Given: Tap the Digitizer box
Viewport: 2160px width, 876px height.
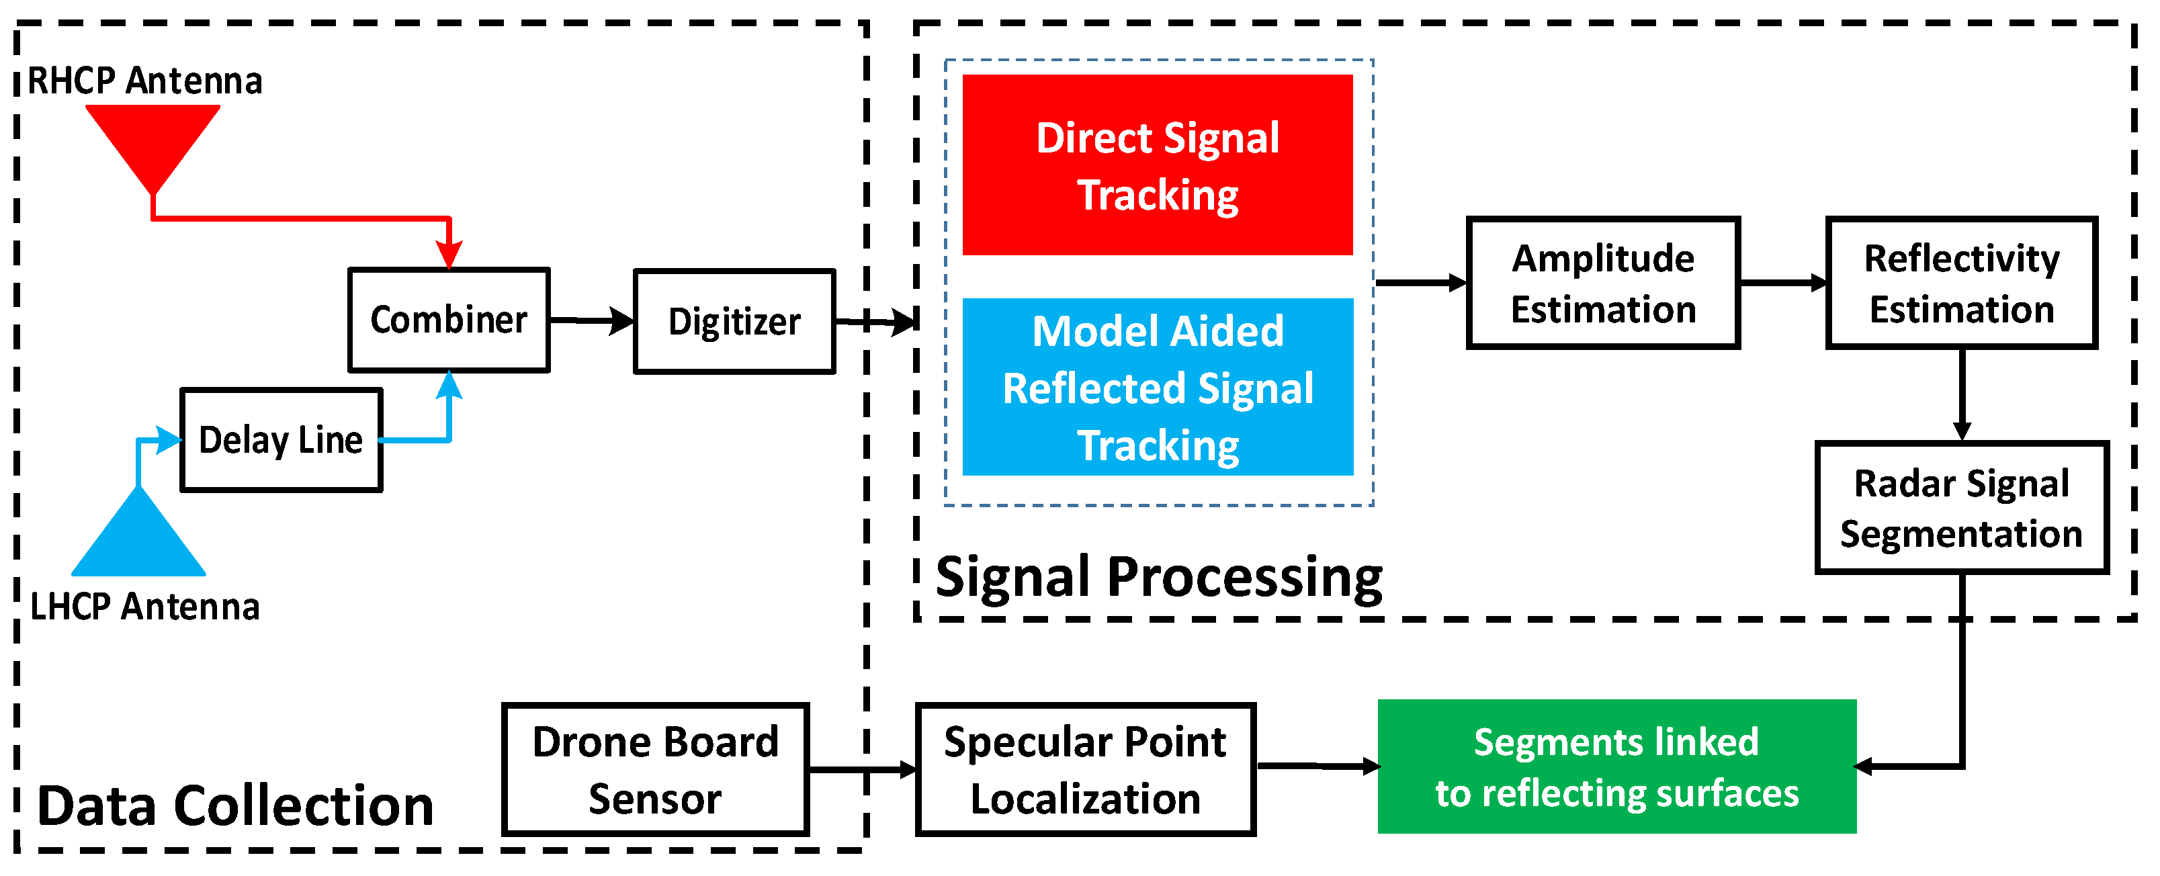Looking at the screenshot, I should click(x=734, y=322).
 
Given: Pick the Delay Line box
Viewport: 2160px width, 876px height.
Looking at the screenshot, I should click(x=281, y=440).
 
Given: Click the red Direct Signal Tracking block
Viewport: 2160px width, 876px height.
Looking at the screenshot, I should click(x=1157, y=165).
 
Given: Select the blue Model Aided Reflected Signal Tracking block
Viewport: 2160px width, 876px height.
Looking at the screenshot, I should click(x=1157, y=388).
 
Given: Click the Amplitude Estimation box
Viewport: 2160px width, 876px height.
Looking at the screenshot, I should click(x=1602, y=283).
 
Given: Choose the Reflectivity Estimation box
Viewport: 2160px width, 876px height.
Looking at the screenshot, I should click(x=1961, y=283).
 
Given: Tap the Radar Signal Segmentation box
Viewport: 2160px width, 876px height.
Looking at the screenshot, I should click(x=1960, y=508).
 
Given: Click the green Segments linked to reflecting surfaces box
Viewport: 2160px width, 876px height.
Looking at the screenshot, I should click(x=1616, y=766).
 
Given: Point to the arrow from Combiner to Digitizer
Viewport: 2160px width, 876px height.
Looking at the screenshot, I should click(x=592, y=320).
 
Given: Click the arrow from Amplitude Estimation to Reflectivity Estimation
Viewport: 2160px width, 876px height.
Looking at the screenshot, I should click(x=1782, y=283).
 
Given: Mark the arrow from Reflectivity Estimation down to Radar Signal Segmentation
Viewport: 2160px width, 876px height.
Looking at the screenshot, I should click(x=1962, y=394).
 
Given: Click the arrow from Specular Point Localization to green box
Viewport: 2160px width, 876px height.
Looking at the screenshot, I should click(x=1316, y=765).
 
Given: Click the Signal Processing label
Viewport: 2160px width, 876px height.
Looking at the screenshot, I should click(x=1159, y=577).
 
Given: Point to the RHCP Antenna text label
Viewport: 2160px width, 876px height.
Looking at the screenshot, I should click(x=145, y=81).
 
